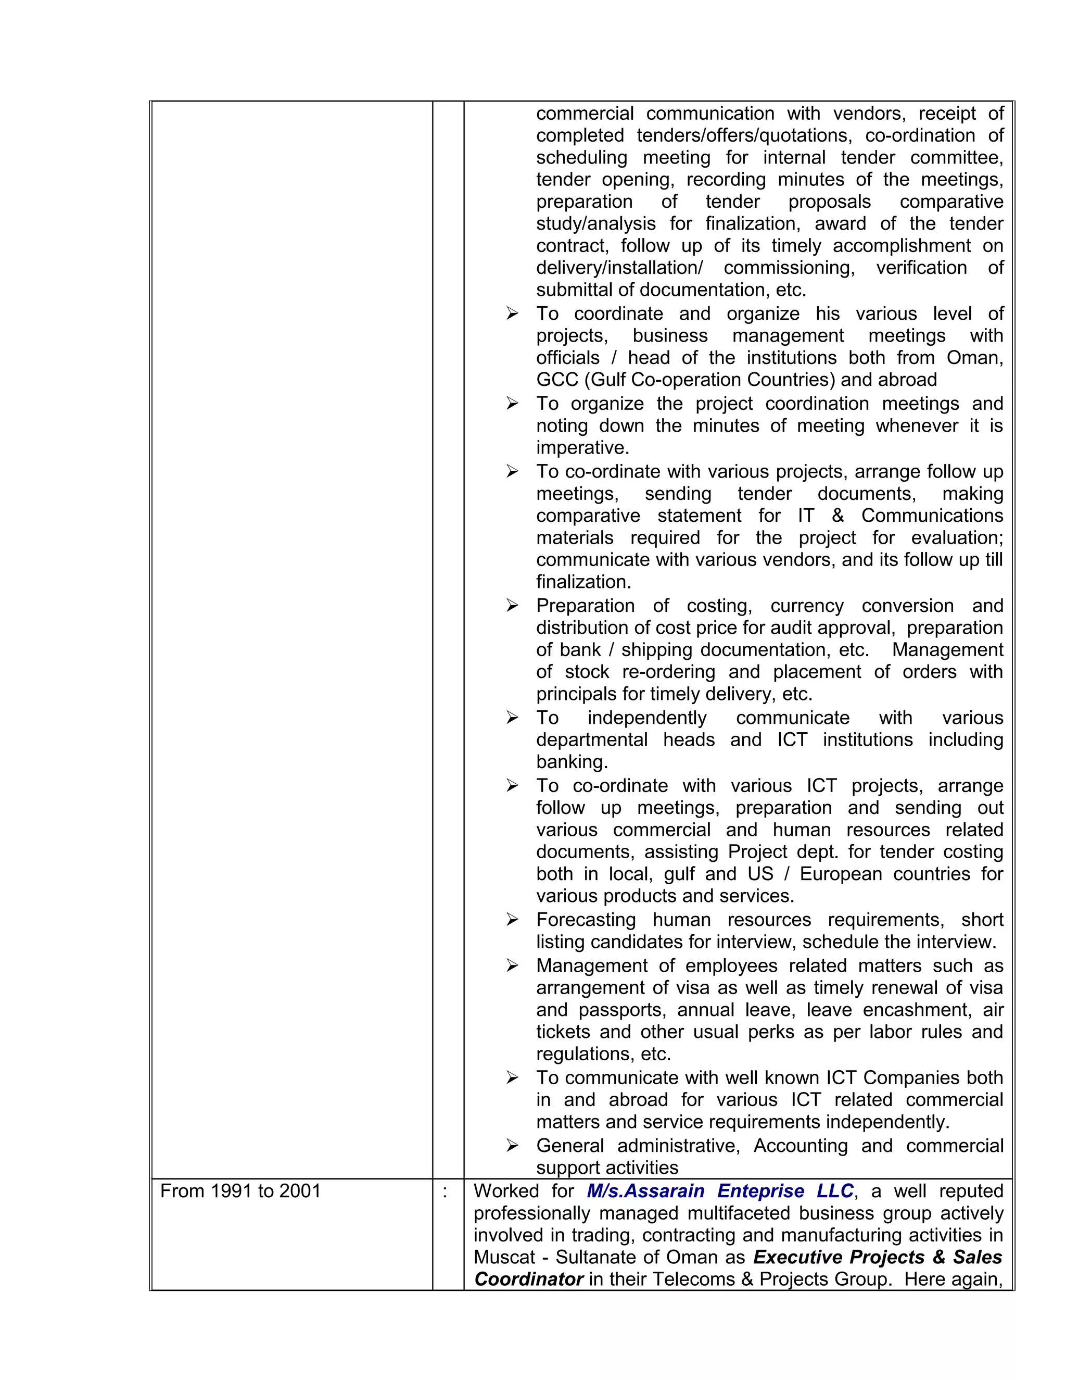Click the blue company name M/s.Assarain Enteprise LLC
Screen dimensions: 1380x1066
point(719,1191)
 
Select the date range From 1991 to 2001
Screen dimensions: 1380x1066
point(240,1191)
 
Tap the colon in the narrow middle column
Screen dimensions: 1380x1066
point(445,1191)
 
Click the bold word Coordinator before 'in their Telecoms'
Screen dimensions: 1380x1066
point(529,1279)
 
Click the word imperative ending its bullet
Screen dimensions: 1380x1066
point(582,448)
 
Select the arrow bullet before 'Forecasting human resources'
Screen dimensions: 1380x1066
point(512,920)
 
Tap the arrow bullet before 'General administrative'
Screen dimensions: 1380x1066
point(512,1146)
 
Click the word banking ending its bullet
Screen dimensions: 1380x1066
point(572,762)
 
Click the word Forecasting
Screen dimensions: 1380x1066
point(586,920)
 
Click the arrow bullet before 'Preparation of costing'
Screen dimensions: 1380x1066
point(512,606)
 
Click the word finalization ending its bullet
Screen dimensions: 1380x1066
point(583,582)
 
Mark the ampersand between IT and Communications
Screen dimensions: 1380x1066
point(838,516)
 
